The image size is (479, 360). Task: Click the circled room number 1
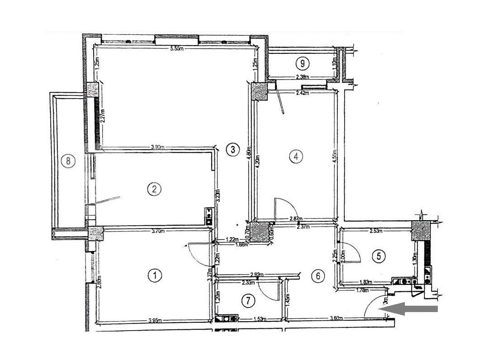coord(155,275)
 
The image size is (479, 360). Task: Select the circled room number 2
coord(154,189)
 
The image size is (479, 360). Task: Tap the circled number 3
coord(232,150)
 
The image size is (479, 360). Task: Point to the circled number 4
coord(295,156)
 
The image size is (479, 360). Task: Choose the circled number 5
coord(379,256)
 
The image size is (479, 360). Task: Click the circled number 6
coord(318,275)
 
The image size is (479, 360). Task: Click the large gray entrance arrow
coord(408,309)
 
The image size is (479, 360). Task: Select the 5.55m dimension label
coord(176,49)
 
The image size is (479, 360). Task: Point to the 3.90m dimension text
coord(157,147)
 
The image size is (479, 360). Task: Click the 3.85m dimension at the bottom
coord(155,322)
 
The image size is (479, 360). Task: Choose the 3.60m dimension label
coord(336,318)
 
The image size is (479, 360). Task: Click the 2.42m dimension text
coord(302,93)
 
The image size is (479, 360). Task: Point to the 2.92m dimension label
coord(257,275)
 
